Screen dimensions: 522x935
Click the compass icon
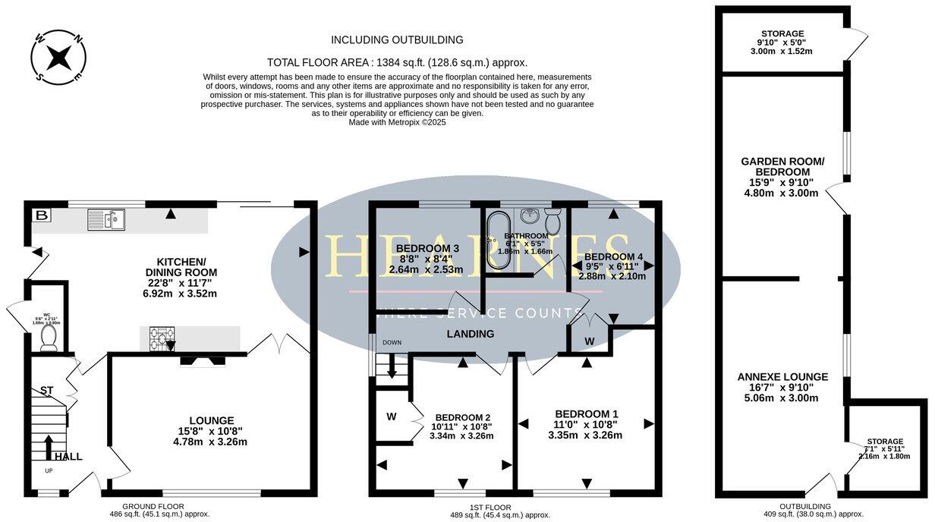pyautogui.click(x=58, y=55)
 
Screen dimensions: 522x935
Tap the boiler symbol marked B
pyautogui.click(x=41, y=216)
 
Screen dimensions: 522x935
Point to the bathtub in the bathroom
pyautogui.click(x=499, y=241)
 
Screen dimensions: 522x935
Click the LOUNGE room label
pyautogui.click(x=212, y=420)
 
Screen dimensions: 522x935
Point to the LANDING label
pyautogui.click(x=470, y=334)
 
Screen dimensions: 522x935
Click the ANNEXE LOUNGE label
pyautogui.click(x=782, y=376)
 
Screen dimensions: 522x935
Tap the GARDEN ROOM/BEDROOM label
pyautogui.click(x=782, y=166)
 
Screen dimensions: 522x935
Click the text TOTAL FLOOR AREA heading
pyautogui.click(x=397, y=63)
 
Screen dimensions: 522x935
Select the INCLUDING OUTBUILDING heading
pyautogui.click(x=397, y=39)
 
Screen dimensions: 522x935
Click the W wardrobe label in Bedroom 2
pyautogui.click(x=392, y=416)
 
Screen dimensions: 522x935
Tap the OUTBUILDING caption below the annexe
pyautogui.click(x=804, y=505)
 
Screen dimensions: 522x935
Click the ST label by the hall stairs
pyautogui.click(x=46, y=391)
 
